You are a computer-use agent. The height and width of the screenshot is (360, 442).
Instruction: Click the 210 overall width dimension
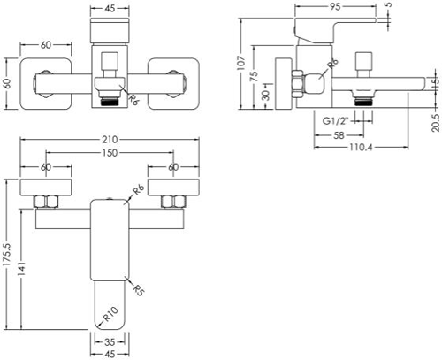pos(110,140)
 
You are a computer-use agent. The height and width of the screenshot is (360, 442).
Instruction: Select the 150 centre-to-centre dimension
pos(110,153)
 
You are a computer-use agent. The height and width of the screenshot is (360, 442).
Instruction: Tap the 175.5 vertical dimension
pos(6,255)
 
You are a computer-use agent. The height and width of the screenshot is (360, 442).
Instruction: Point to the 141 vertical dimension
pos(21,269)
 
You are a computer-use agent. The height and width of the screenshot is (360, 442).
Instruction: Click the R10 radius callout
pos(110,314)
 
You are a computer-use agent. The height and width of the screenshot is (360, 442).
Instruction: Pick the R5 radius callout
pos(138,290)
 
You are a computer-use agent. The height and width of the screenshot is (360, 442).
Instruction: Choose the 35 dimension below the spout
pos(110,342)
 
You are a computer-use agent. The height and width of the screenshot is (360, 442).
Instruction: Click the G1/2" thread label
pos(335,121)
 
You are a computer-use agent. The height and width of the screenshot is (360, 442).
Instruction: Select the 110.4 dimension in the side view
pos(361,147)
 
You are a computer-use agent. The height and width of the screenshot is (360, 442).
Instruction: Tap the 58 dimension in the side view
pos(339,135)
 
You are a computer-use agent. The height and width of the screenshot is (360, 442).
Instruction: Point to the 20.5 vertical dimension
pos(437,123)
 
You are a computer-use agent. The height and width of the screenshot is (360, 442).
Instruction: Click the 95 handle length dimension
pos(335,7)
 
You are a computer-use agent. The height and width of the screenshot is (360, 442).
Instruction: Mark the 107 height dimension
pos(241,63)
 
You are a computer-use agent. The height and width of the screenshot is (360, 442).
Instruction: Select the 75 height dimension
pos(254,76)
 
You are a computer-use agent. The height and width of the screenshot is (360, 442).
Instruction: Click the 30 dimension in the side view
pos(266,96)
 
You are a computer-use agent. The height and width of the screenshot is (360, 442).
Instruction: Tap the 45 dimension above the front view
pos(110,9)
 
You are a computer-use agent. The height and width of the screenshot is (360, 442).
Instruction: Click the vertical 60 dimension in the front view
pos(8,83)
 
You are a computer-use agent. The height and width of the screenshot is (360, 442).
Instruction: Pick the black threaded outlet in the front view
pos(110,103)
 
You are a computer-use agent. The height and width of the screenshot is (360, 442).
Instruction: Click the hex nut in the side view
pos(297,84)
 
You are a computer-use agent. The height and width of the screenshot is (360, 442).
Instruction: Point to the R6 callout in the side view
pos(333,64)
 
